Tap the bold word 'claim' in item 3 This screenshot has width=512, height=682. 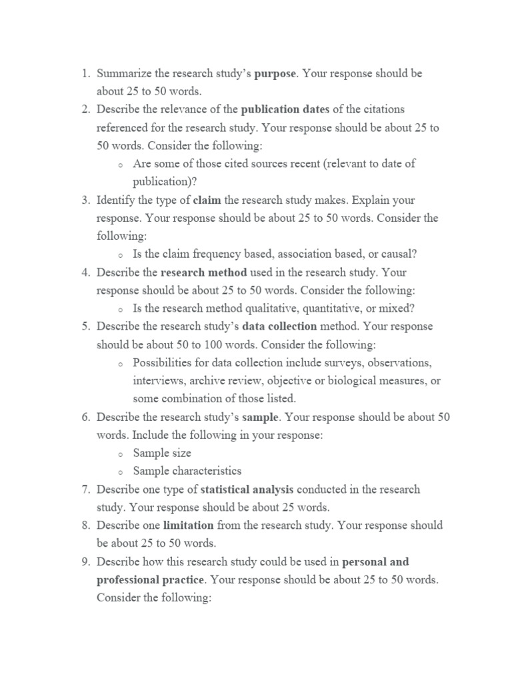click(x=207, y=200)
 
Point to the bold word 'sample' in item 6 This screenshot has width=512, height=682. click(x=262, y=417)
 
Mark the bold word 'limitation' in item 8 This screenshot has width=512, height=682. click(x=189, y=525)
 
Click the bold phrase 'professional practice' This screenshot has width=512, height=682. click(x=150, y=580)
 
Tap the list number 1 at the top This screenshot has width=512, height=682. click(x=86, y=73)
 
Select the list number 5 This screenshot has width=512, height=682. click(x=86, y=326)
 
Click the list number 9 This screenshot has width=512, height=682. click(x=86, y=562)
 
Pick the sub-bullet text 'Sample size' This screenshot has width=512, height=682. click(x=162, y=453)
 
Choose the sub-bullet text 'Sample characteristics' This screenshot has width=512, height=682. click(x=187, y=471)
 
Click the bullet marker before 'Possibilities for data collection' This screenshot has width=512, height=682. click(x=119, y=364)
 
